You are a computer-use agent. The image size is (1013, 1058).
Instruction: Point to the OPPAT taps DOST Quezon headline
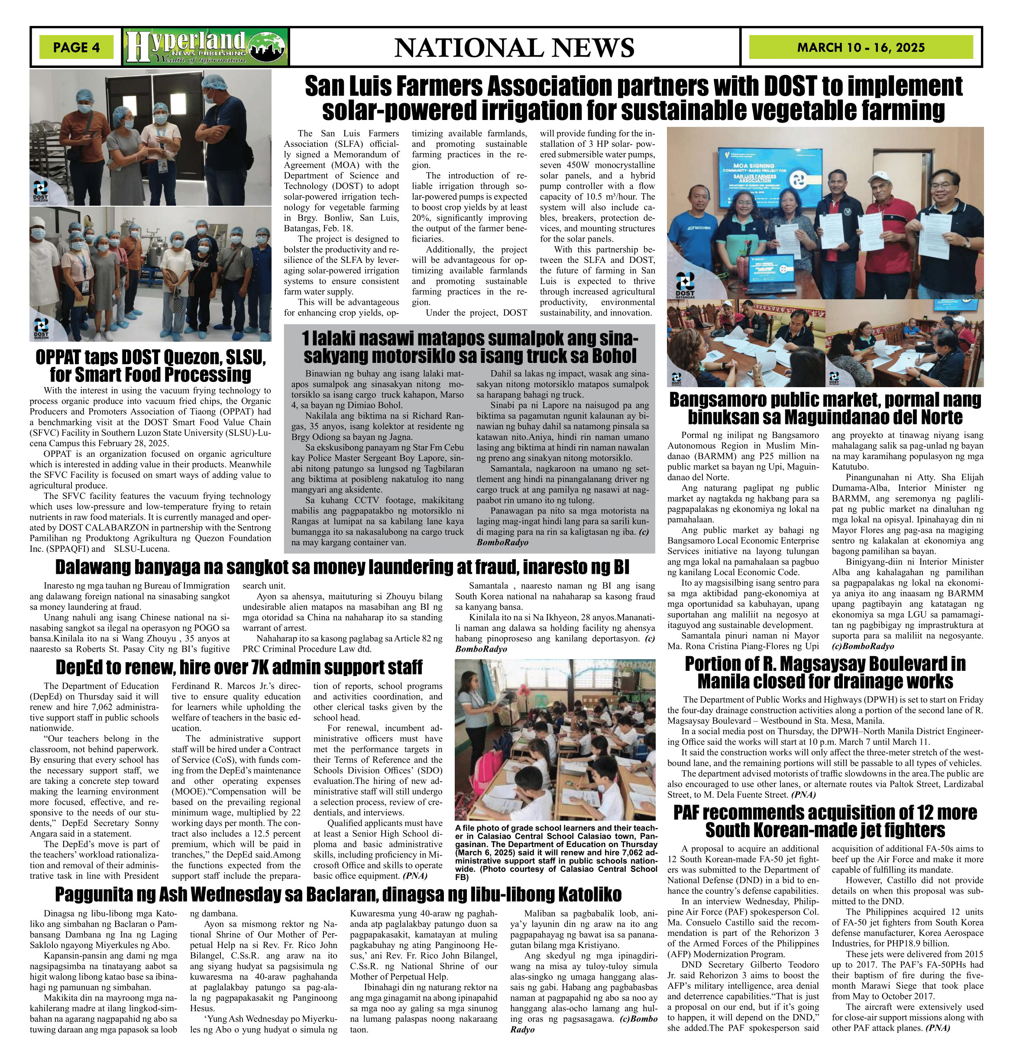[x=151, y=366]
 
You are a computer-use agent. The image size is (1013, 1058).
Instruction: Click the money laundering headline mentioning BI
[x=342, y=567]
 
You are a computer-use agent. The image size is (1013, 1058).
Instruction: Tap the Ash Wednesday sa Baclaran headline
[x=338, y=894]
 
